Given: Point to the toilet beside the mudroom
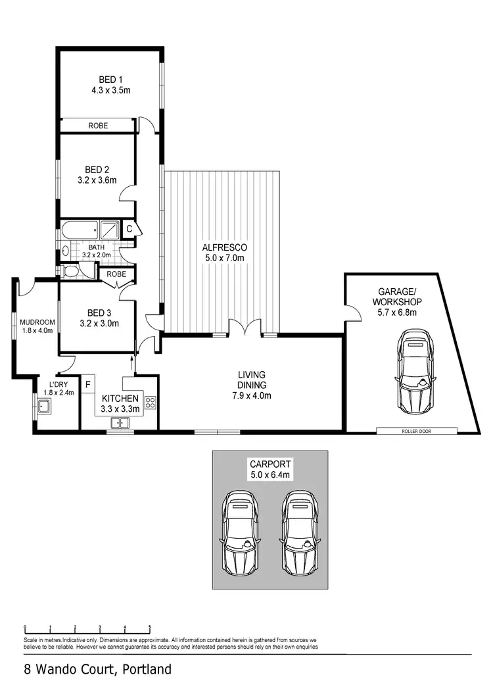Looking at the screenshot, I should (x=71, y=271).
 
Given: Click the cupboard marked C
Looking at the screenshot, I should (x=129, y=229).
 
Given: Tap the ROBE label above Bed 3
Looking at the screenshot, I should (x=116, y=274).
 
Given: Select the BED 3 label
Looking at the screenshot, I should (x=97, y=313).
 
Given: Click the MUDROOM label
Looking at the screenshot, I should (x=37, y=322).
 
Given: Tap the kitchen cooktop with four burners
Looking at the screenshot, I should (x=150, y=402).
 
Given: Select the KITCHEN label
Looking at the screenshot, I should (x=120, y=399).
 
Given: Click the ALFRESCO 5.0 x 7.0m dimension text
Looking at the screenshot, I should (x=223, y=258).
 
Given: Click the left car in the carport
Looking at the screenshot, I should (x=241, y=532).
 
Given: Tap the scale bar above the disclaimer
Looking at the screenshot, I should (x=87, y=628).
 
